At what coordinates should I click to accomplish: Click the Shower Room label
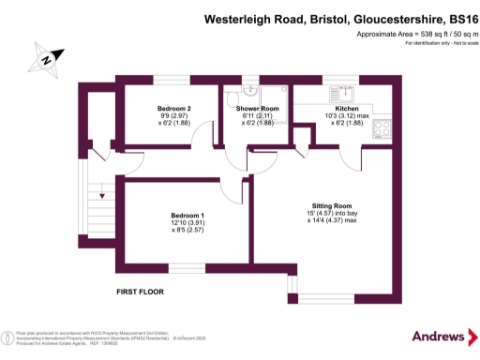257,109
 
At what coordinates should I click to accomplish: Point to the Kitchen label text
334,109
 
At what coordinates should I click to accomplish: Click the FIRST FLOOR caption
140,292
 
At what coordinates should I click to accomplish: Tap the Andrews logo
438,336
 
